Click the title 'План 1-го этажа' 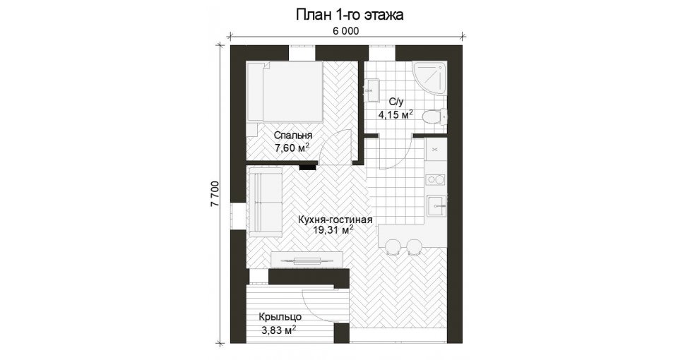(349, 15)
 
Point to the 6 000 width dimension (345, 31)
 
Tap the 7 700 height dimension (216, 194)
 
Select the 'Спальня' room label (292, 136)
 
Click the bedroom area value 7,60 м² (292, 148)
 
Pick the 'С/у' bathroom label (395, 102)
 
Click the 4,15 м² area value (395, 114)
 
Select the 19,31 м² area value (335, 230)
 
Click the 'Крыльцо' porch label (280, 317)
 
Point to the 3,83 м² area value (278, 330)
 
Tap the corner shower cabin (429, 78)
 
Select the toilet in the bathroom (434, 117)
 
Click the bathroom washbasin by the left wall (371, 90)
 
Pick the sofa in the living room (264, 203)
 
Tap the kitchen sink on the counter (436, 205)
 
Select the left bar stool (392, 246)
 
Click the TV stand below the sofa (307, 259)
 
